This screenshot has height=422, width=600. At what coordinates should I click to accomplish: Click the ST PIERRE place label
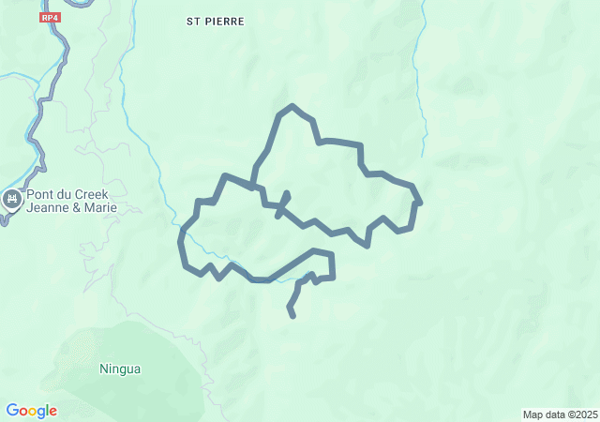tap(215, 20)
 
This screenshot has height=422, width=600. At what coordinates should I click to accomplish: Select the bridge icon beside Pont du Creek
tap(12, 199)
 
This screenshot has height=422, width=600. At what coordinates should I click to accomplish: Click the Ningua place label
tap(120, 369)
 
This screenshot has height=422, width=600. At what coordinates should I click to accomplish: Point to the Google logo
tap(31, 411)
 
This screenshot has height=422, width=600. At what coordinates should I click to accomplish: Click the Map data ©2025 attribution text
tap(560, 414)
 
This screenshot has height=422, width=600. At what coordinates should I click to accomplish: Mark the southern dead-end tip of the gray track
tap(293, 316)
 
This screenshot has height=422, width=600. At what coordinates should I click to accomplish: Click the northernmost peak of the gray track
tap(293, 106)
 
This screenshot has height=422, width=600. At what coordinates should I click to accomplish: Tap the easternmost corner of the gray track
tap(420, 203)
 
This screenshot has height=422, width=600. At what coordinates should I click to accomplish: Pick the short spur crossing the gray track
tap(282, 203)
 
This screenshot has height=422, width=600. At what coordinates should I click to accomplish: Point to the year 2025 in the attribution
tap(586, 414)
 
